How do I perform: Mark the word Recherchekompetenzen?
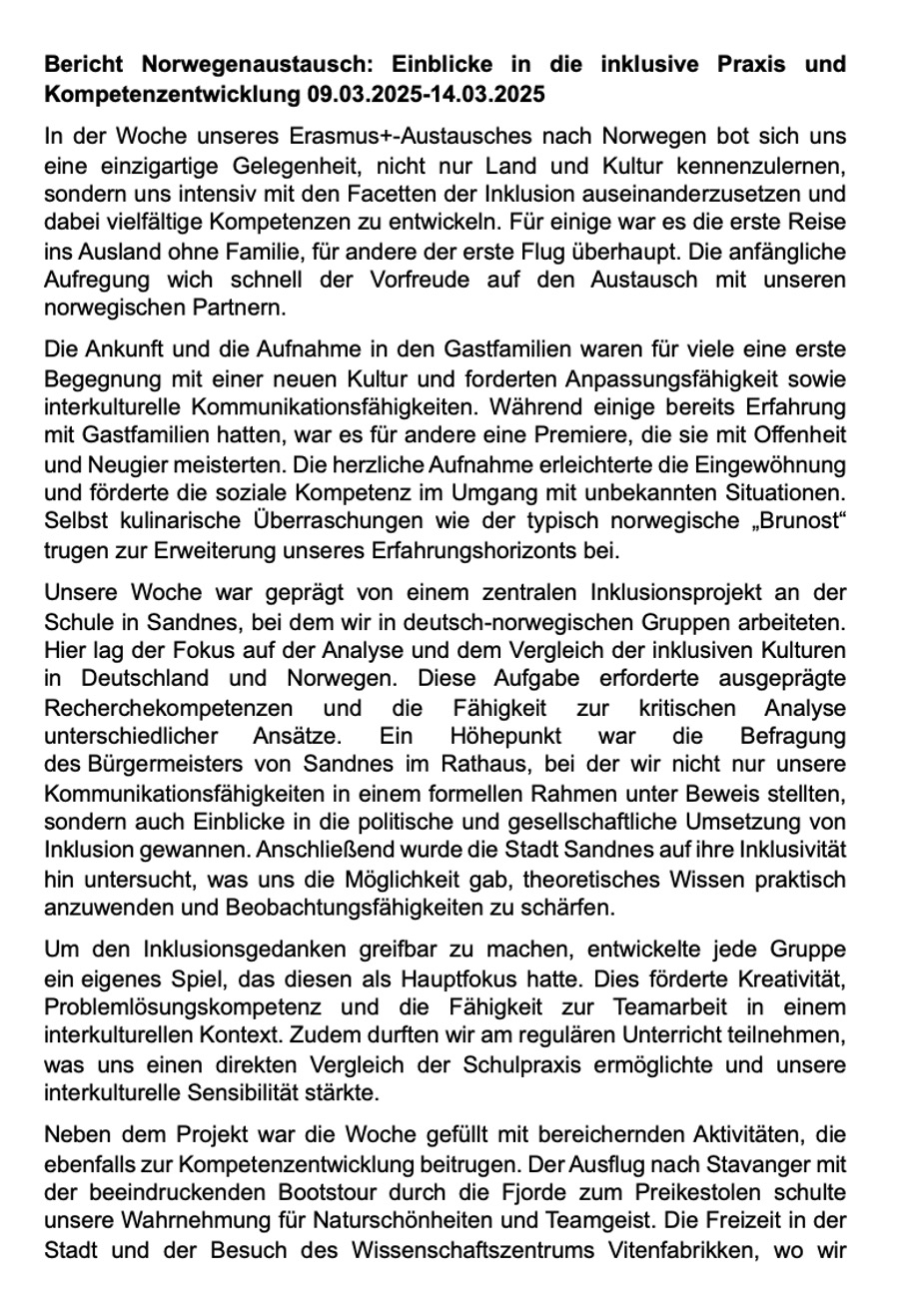point(169,708)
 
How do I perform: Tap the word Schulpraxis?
point(520,1063)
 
